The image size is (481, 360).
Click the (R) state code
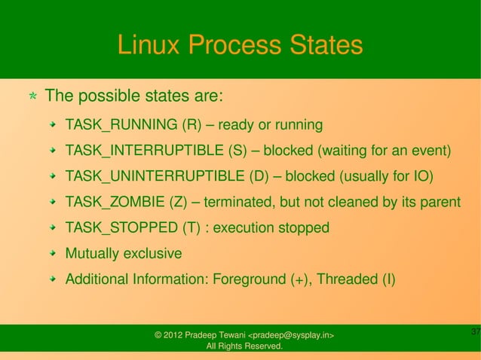point(191,124)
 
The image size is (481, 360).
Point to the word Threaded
point(348,279)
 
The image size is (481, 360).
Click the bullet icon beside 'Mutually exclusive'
point(54,254)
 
